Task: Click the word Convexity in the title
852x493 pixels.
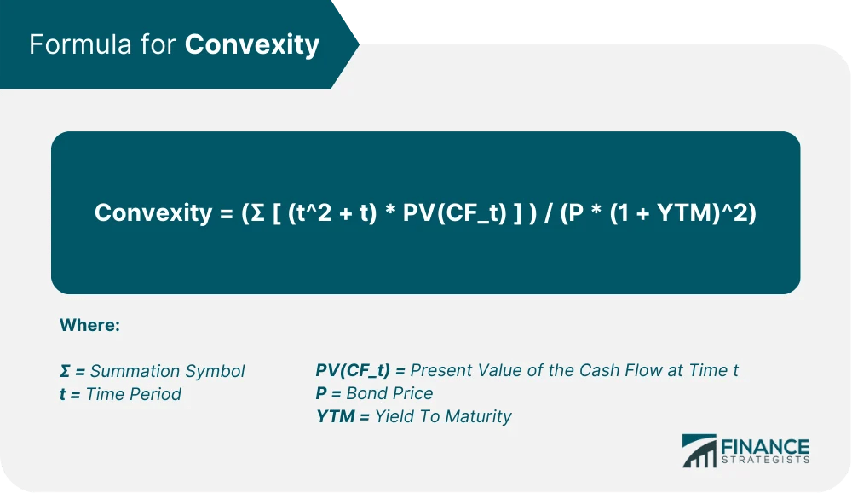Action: [251, 44]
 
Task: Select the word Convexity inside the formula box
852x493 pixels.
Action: [153, 212]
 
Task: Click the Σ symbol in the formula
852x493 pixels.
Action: [254, 212]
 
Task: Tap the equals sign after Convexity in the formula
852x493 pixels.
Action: [226, 212]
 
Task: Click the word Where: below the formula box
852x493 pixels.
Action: [89, 325]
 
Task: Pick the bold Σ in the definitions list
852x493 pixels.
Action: [66, 371]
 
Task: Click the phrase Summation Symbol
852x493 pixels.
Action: [167, 371]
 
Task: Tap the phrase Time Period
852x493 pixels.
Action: [133, 394]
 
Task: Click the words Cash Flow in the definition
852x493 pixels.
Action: [619, 370]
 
